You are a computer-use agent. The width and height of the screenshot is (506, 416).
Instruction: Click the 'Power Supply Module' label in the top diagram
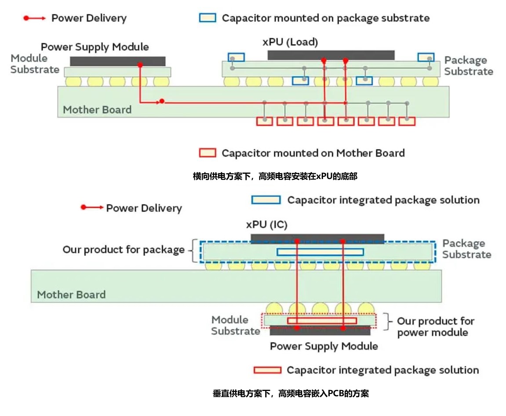point(95,47)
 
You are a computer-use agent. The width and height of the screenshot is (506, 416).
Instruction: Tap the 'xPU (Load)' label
point(290,42)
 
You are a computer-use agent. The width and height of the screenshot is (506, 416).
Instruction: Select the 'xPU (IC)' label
point(266,225)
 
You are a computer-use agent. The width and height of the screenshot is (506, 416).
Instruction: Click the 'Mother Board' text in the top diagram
point(97,110)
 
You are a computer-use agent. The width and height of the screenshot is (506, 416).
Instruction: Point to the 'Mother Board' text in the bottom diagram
point(71,294)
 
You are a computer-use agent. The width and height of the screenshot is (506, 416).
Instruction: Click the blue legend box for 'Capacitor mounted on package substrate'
point(207,18)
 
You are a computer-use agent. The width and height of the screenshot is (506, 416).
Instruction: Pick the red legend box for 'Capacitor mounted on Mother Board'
point(207,153)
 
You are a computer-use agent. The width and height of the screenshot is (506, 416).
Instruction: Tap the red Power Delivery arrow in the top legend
point(34,18)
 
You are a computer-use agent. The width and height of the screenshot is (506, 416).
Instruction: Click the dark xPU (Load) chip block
point(331,55)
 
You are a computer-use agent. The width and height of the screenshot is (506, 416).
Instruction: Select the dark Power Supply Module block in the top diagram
point(117,61)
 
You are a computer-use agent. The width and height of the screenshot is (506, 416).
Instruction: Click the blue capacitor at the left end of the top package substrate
point(236,57)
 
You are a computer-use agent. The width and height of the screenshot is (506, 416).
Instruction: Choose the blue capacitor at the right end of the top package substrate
point(426,57)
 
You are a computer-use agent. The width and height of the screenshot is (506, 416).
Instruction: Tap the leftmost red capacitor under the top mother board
point(265,121)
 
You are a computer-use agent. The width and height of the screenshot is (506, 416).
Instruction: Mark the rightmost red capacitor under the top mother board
point(407,121)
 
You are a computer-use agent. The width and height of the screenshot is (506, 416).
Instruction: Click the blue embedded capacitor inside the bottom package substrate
point(320,252)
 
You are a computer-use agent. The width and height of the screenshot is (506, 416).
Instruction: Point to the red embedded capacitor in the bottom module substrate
point(322,321)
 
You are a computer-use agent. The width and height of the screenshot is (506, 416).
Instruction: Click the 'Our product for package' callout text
point(124,250)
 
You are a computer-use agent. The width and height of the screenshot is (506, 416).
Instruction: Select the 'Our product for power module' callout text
point(432,327)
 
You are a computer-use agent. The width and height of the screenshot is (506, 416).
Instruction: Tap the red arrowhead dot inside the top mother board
point(162,101)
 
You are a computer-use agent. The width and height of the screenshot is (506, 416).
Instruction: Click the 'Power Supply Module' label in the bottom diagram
point(324,346)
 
